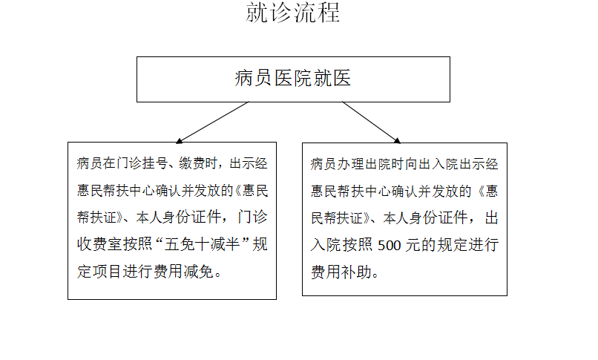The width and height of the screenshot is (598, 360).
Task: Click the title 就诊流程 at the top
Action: click(x=293, y=12)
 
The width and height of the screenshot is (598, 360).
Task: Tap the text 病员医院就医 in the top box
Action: click(x=293, y=78)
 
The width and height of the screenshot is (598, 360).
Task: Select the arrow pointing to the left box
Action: click(x=212, y=122)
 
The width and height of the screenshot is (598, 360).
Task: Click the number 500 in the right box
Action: click(x=389, y=245)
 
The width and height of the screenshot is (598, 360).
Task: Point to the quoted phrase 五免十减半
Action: click(x=202, y=244)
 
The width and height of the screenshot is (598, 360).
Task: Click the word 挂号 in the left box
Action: click(x=155, y=163)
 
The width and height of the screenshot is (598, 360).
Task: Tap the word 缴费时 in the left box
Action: click(x=198, y=163)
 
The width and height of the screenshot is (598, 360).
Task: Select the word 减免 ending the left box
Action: click(x=199, y=272)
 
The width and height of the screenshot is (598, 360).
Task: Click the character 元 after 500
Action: click(x=413, y=245)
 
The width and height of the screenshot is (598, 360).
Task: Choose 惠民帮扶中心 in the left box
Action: click(x=116, y=190)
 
